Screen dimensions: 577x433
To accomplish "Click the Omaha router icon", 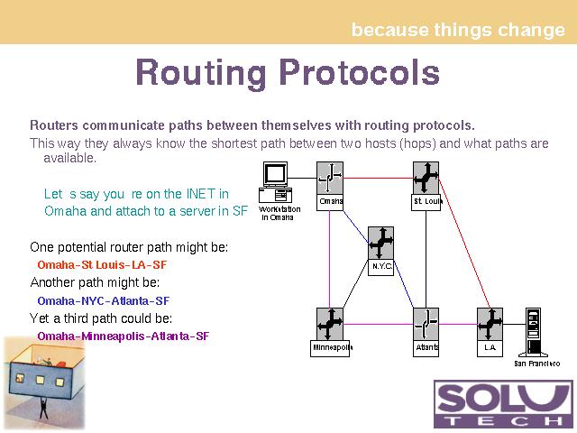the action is (x=330, y=178).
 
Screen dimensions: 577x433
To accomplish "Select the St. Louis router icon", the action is (x=426, y=178).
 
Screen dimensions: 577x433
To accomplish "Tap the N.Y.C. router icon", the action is (x=380, y=243).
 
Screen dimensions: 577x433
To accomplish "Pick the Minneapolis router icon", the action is (x=330, y=324).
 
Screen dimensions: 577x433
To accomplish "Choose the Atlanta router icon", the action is (x=426, y=324).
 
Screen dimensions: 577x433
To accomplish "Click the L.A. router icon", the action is (x=490, y=324).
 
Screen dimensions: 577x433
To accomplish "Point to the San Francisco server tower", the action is (x=533, y=333).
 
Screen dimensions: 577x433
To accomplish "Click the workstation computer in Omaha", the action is (x=276, y=182).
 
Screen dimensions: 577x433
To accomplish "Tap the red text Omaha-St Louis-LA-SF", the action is (x=102, y=264).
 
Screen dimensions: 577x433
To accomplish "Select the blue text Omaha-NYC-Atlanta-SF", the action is (x=104, y=300).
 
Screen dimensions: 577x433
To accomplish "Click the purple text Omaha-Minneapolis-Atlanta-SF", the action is (x=124, y=336).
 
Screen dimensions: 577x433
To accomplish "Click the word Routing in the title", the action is (x=201, y=73).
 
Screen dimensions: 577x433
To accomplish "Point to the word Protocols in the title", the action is (x=360, y=72).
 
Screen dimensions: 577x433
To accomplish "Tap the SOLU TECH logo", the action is (x=503, y=404).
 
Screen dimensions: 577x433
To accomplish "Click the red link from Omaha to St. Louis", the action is (x=378, y=179).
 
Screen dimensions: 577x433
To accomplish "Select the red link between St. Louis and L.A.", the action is (x=464, y=243).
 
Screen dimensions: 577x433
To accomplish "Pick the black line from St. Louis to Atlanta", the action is (x=426, y=259).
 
